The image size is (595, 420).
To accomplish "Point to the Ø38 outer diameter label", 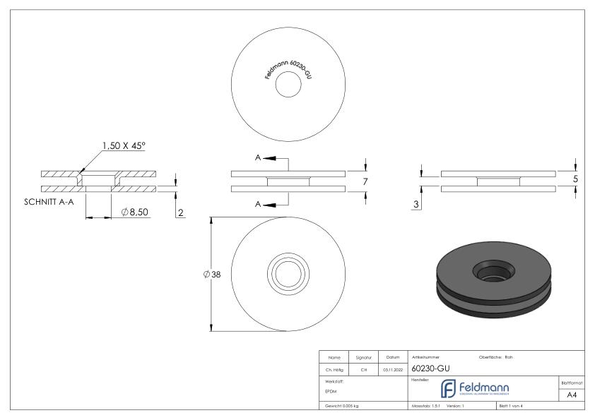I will [211, 274].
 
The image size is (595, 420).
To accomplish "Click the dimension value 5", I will [576, 179].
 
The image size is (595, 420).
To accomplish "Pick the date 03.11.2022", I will [392, 368].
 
